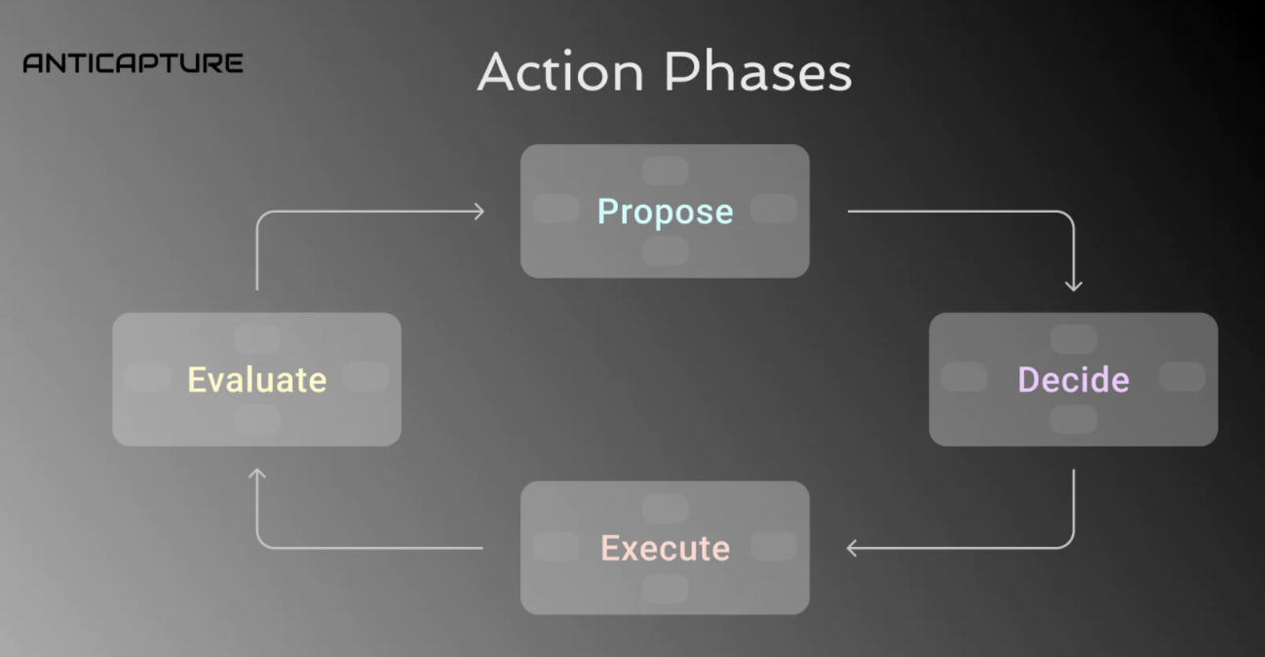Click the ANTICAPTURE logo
pos(133,62)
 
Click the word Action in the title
pos(560,71)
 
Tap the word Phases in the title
pos(758,71)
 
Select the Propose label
pos(666,212)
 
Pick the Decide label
pos(1074,379)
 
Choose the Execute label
pos(666,548)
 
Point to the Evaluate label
pos(257,379)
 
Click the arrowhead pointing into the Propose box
pos(479,212)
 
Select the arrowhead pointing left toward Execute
pos(852,548)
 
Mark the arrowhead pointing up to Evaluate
pos(257,474)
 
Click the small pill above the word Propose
pos(666,171)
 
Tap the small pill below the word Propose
pos(666,251)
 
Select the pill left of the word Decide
pos(965,377)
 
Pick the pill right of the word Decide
pos(1182,377)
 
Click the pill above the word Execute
pos(666,508)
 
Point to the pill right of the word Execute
pos(774,546)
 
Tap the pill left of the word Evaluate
pos(147,377)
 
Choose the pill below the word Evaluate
pos(257,419)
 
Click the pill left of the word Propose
pos(556,209)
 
